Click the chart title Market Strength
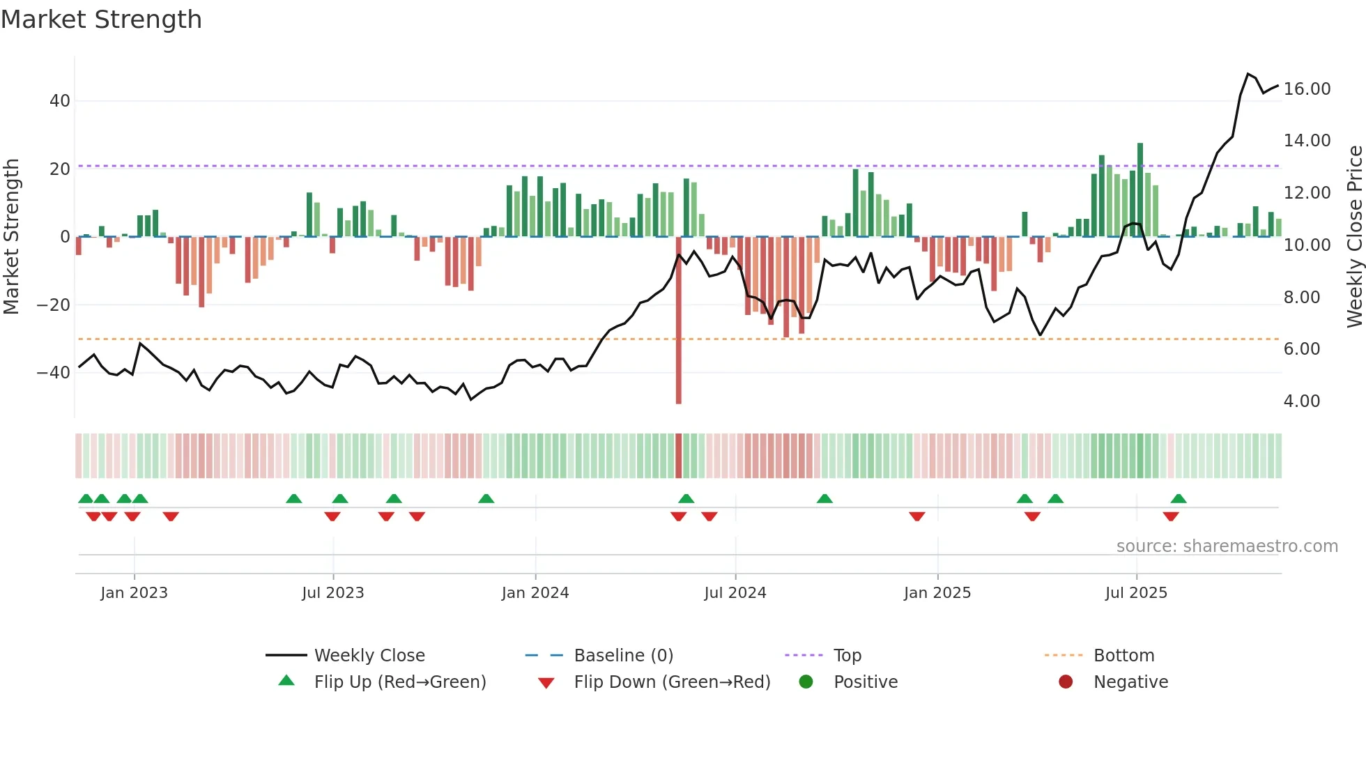101,20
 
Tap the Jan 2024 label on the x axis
535,593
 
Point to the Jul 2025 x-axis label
1136,593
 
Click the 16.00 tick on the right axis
1307,89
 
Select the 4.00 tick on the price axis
1301,401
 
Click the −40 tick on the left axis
54,373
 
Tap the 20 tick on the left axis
60,169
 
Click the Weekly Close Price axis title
1354,237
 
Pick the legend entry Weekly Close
369,656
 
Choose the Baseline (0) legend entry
623,656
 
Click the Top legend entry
847,656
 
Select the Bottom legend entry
1123,656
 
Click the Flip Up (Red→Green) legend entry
399,682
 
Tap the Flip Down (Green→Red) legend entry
672,682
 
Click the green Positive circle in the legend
806,682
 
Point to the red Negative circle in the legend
1066,682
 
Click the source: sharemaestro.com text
1227,546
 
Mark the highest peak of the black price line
1248,74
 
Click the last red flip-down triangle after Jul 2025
1171,516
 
